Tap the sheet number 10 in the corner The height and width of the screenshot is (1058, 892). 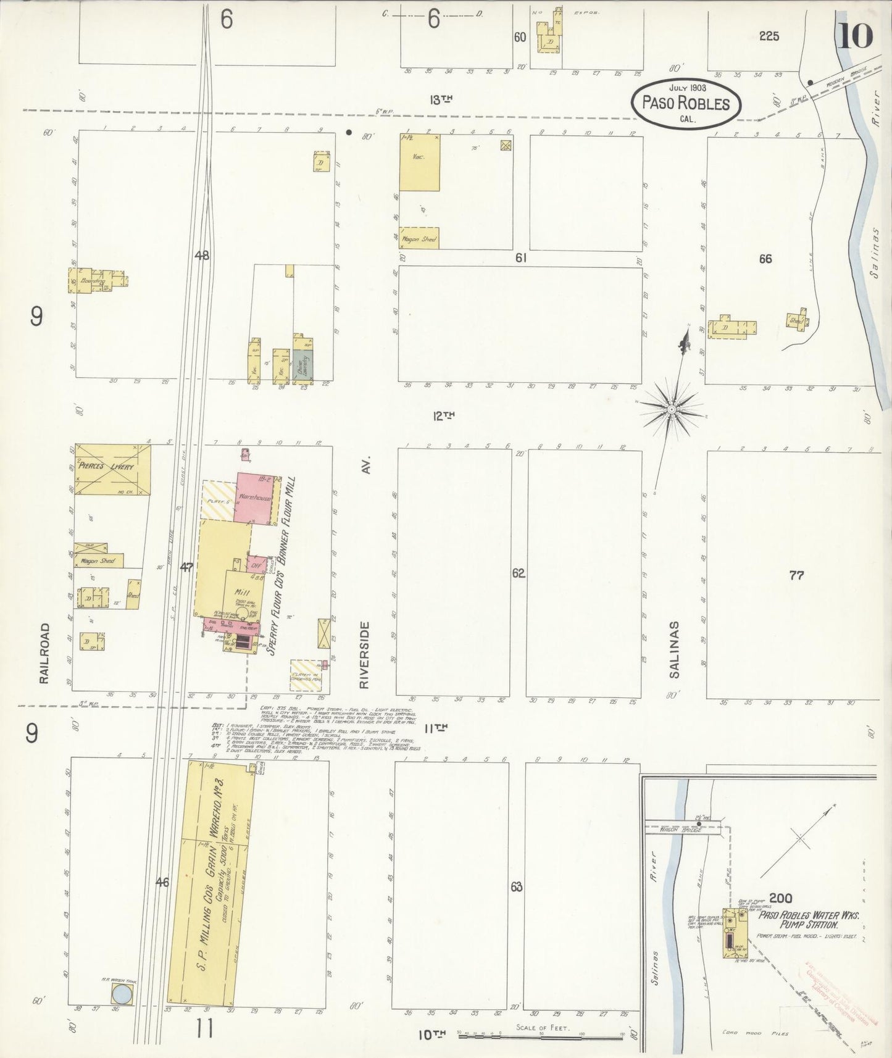pos(855,35)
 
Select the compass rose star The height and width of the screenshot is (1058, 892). pos(671,409)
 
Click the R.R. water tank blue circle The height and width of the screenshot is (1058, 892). pos(122,994)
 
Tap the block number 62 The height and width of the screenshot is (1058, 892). pos(518,573)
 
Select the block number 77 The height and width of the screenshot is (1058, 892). pos(796,575)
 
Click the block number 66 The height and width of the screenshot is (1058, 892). pos(765,259)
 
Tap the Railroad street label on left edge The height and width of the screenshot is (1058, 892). pos(44,652)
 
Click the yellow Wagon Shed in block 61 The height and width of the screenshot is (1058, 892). pos(419,238)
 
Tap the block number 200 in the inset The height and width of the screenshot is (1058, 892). pos(780,898)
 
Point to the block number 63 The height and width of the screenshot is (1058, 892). pos(517,887)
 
